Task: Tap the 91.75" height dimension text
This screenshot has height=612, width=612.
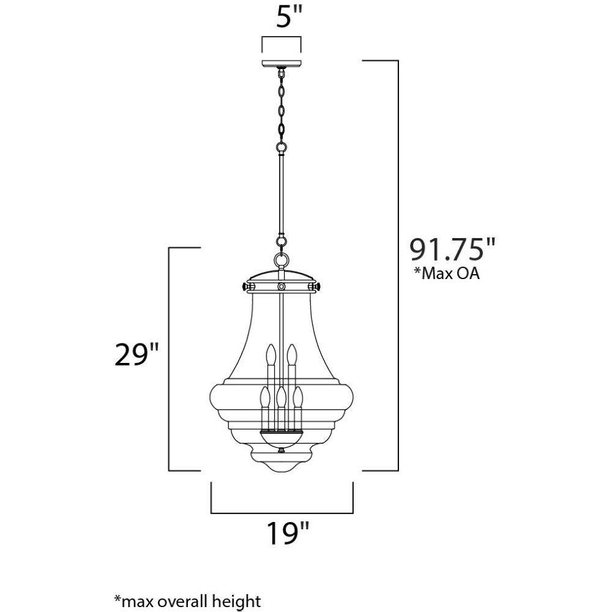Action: pos(452,249)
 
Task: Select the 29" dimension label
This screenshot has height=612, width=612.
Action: pos(137,355)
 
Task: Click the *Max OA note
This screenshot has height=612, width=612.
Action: pos(447,273)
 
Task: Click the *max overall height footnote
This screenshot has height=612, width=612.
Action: pos(188,601)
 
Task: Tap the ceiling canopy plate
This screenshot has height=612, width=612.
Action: pos(282,64)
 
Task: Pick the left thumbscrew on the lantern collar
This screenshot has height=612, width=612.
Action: pos(247,287)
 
